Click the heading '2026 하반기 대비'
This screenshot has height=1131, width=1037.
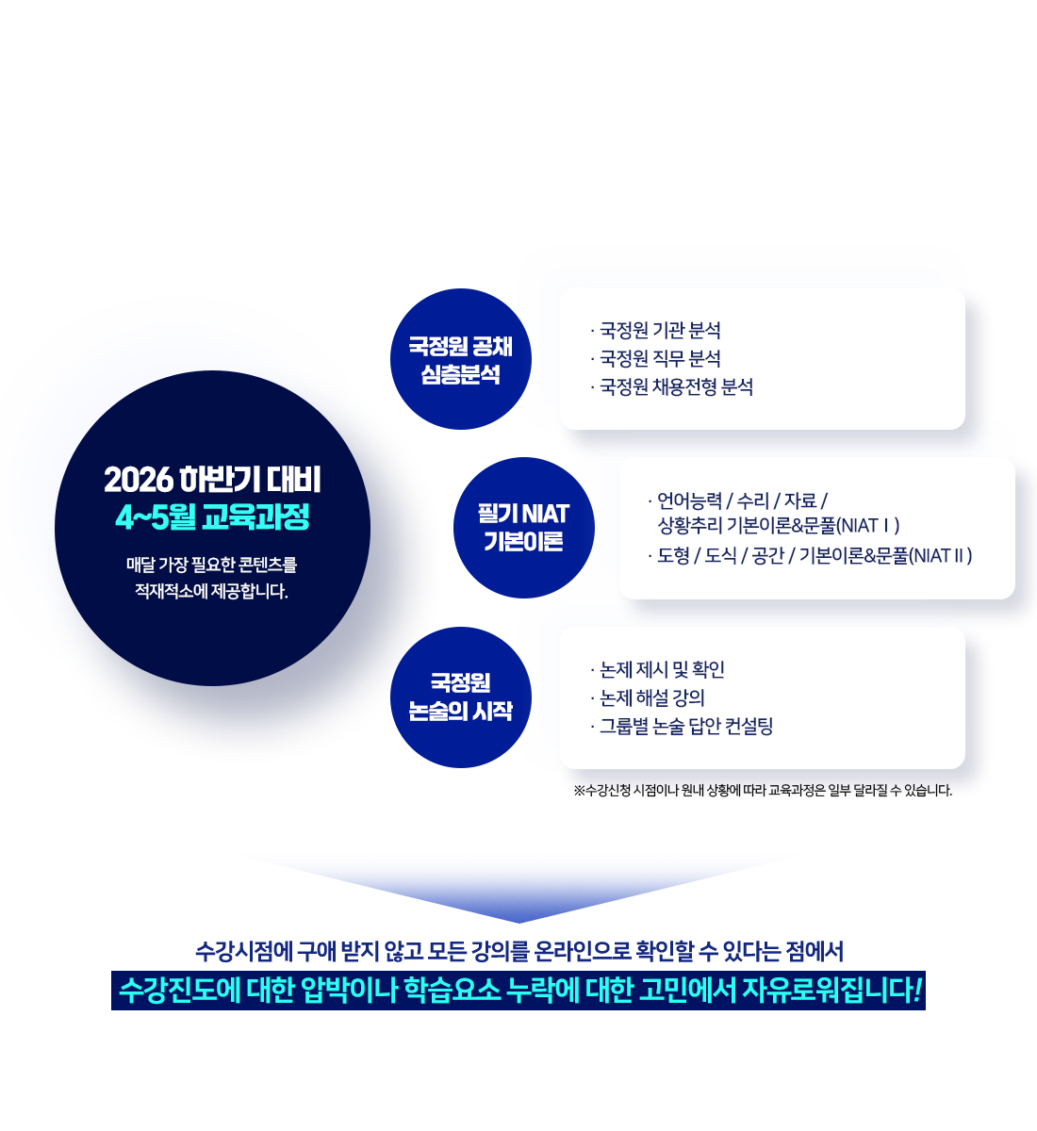pyautogui.click(x=212, y=481)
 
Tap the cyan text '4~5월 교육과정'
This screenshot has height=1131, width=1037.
pyautogui.click(x=212, y=517)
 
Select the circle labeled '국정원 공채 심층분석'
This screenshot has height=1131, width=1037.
pyautogui.click(x=460, y=360)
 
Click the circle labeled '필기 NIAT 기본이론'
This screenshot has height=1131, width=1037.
pyautogui.click(x=523, y=528)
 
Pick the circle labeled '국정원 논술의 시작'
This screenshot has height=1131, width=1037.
pyautogui.click(x=460, y=697)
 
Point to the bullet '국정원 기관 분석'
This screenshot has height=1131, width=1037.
pyautogui.click(x=660, y=331)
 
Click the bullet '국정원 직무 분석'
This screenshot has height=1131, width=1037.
pyautogui.click(x=660, y=359)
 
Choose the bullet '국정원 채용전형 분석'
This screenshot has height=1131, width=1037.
pyautogui.click(x=676, y=387)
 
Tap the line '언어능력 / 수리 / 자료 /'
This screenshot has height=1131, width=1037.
pyautogui.click(x=741, y=500)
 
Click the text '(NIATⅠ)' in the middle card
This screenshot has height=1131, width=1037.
pyautogui.click(x=868, y=526)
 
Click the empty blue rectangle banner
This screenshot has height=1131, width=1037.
pyautogui.click(x=518, y=885)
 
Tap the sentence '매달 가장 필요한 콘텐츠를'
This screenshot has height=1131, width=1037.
pyautogui.click(x=212, y=565)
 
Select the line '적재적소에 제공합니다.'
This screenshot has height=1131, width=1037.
pyautogui.click(x=212, y=592)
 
